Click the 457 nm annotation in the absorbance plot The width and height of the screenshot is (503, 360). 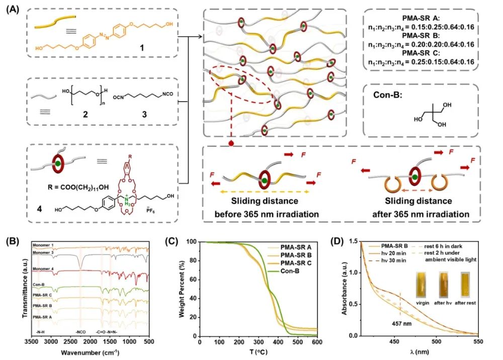point(401,323)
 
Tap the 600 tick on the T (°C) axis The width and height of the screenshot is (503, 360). point(317,342)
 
